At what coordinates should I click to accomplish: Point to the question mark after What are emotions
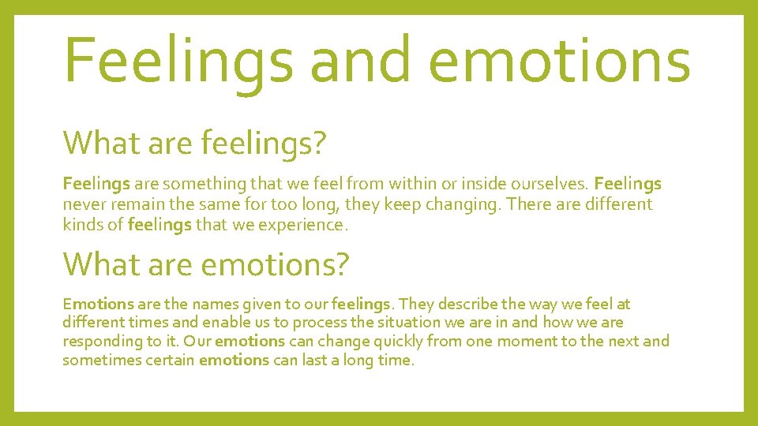340,264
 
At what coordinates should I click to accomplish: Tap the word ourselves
547,184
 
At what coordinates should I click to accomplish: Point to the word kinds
82,225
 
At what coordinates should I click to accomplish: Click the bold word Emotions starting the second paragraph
98,304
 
